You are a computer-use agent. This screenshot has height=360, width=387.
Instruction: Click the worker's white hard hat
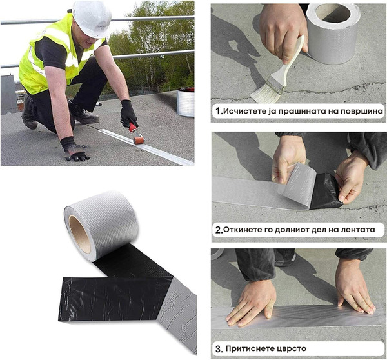(92, 18)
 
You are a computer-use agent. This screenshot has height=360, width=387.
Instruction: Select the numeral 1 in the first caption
(218, 112)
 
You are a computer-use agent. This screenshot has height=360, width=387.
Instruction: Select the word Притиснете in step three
(245, 348)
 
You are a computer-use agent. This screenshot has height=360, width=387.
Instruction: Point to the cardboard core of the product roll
(79, 234)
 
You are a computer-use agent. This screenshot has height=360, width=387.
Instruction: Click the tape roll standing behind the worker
(185, 101)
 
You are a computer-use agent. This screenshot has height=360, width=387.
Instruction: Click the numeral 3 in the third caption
(219, 349)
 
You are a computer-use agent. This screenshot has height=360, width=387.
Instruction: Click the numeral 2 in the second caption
(219, 230)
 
